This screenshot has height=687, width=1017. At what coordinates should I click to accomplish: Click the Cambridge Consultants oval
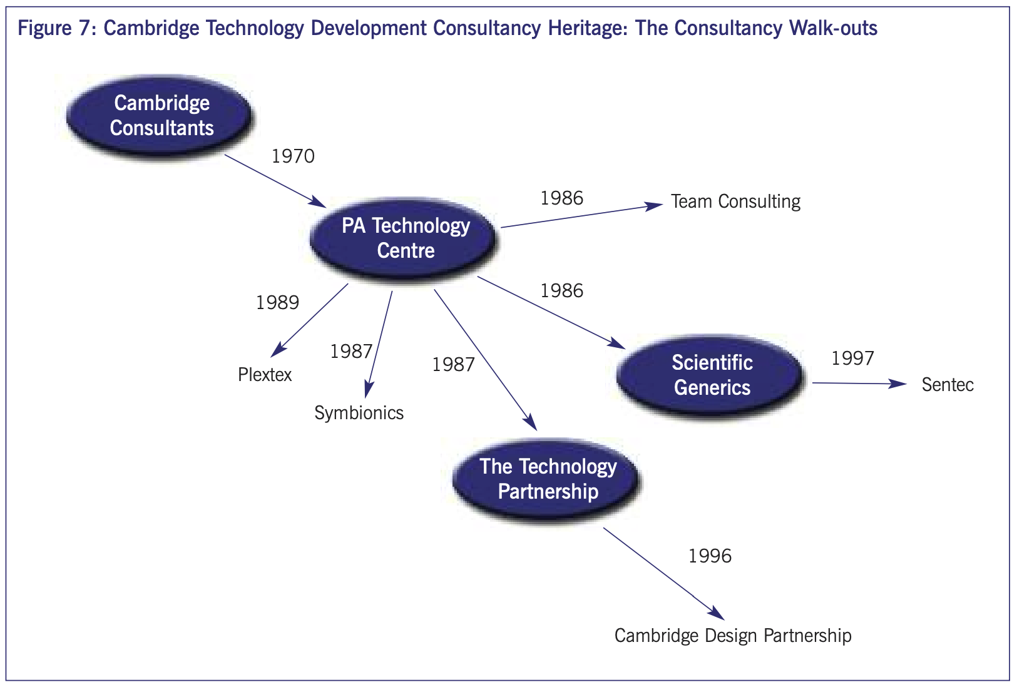pos(161,116)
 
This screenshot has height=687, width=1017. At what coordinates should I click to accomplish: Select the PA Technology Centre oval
pos(405,238)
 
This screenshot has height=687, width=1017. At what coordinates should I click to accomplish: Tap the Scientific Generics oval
pos(712,375)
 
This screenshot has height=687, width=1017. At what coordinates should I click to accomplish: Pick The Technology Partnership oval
pos(548,479)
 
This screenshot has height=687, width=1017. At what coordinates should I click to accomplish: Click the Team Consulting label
pos(735,201)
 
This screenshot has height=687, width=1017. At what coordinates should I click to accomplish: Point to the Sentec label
pos(947,384)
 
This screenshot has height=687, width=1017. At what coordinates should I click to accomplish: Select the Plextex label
pos(265,375)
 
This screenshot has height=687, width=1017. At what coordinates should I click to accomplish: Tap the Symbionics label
pos(359,413)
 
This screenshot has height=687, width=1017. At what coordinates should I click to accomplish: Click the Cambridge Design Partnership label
pos(733,636)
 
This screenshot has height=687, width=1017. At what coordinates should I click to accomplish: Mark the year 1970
pos(293,156)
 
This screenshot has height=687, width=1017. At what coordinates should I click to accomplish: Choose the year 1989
pos(277,303)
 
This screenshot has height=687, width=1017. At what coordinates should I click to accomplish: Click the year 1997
pos(852,359)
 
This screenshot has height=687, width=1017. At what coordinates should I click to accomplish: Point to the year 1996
pos(710,556)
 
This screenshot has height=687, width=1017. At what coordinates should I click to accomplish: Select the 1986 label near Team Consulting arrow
pos(561,198)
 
